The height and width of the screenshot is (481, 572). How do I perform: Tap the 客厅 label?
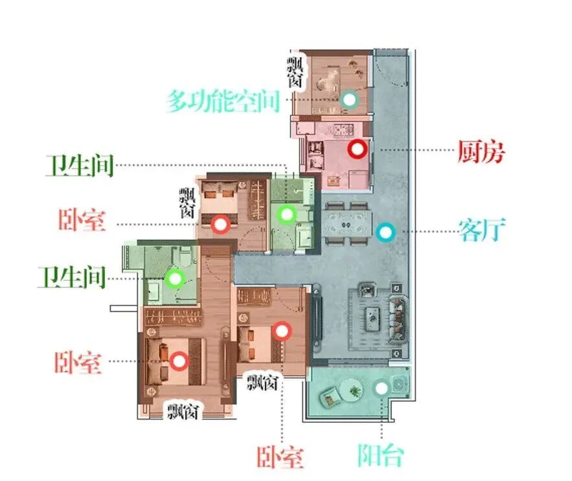pos(481,230)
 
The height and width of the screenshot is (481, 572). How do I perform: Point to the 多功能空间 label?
pos(223,101)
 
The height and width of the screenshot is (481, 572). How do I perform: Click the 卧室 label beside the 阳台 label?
pos(280,457)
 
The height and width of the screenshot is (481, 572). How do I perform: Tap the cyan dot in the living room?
pos(385,231)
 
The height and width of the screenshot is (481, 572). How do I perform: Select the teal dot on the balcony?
pos(382,388)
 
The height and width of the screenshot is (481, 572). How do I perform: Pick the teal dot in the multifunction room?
pos(349,99)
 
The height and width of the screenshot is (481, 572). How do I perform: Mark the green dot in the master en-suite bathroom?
pos(174,279)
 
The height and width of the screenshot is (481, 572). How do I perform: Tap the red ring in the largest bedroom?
pos(179,361)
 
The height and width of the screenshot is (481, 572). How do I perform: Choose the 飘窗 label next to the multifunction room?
pos(296,72)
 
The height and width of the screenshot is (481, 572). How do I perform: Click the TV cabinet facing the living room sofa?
pos(317,317)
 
